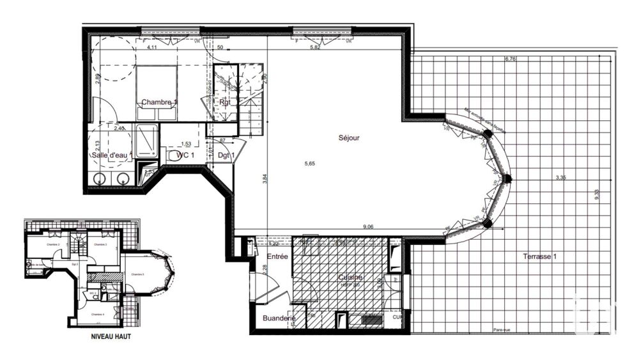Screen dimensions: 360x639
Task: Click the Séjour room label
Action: [x=350, y=137]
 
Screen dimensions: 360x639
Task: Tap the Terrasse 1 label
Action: [x=537, y=256]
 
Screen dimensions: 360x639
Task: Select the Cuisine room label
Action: [x=350, y=278]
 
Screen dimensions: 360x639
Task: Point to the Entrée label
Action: [x=277, y=256]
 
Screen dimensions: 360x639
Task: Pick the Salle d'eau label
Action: [x=111, y=155]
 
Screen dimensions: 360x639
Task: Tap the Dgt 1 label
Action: [x=226, y=155]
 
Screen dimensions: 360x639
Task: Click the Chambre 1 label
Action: [x=159, y=102]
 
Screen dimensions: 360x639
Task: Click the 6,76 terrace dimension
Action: [x=511, y=59]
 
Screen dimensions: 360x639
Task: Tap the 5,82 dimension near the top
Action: [x=314, y=48]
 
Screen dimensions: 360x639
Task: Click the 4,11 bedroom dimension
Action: [x=153, y=48]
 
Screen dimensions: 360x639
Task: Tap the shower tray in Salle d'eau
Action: [x=146, y=141]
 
